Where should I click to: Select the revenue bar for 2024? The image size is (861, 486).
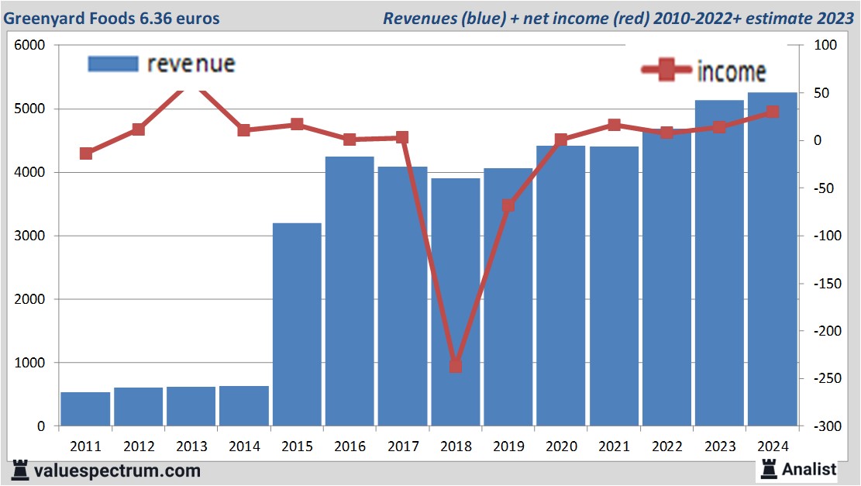[x=772, y=259]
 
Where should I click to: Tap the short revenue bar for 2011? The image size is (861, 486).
[x=85, y=409]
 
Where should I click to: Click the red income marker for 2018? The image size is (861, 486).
[x=456, y=366]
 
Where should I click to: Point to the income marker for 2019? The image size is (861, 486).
[x=508, y=205]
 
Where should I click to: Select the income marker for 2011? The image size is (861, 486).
[x=86, y=153]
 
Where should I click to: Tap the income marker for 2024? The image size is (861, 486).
[x=772, y=112]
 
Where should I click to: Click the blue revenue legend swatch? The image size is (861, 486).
[x=112, y=64]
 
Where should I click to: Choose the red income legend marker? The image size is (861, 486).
[x=666, y=71]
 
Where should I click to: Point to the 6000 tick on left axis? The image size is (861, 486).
[x=30, y=46]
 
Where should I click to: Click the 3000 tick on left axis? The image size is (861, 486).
[x=30, y=236]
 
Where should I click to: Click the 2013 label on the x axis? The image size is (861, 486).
[x=191, y=447]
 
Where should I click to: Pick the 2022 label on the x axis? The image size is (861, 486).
[x=666, y=447]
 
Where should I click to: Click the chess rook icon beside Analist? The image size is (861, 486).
[x=769, y=469]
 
